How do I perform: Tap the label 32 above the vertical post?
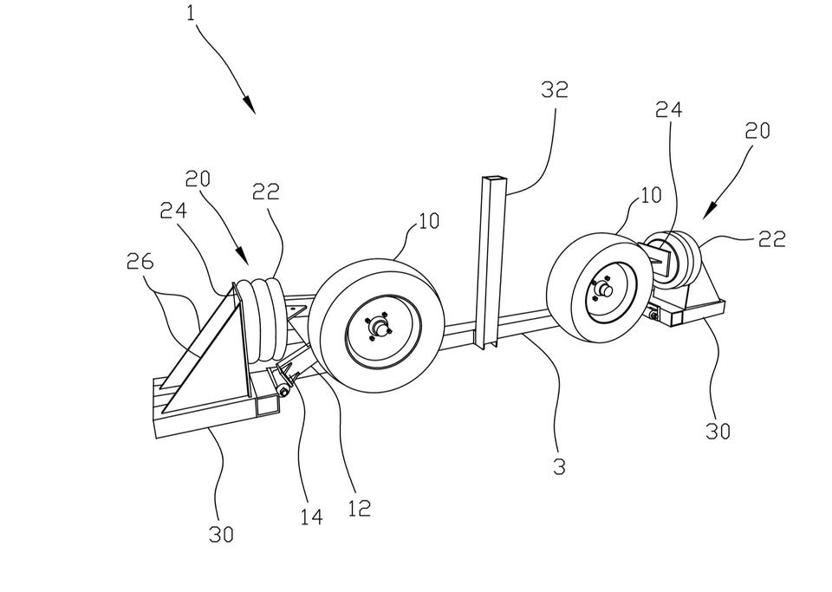click(554, 89)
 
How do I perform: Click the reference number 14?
click(312, 517)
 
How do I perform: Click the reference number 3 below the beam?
click(559, 466)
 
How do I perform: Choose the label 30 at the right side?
click(717, 430)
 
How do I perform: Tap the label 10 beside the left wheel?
click(426, 220)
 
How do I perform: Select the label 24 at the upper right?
click(668, 109)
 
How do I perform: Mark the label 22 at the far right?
click(771, 239)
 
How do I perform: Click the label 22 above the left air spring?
click(266, 193)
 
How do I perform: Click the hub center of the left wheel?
click(378, 328)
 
